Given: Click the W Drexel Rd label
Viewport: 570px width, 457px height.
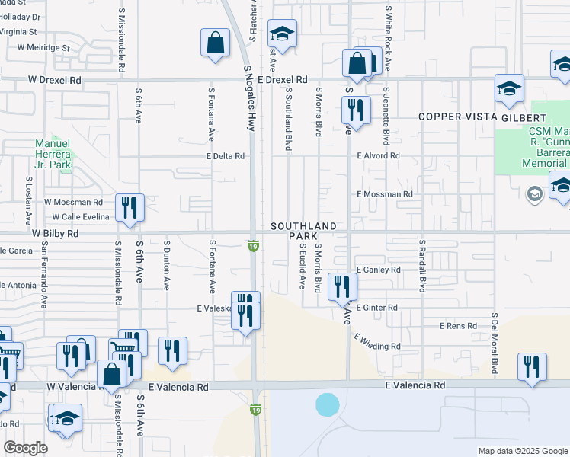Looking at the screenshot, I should coord(55,79).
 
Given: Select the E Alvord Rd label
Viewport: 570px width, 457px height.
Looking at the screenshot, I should coord(379,156).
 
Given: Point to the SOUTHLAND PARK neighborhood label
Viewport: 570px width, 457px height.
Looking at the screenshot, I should coord(303,232).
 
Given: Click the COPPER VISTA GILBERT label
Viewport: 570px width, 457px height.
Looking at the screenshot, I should coord(482,118).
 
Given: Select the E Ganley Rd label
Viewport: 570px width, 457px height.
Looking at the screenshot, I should coord(378,270).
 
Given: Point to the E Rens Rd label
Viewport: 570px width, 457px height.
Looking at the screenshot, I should coord(458,326).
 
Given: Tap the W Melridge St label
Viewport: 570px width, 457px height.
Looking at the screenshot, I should coord(43,47).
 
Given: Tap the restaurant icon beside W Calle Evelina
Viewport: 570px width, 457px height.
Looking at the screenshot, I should coord(130,207).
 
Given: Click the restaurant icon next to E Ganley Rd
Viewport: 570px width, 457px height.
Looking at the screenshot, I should coord(341,286).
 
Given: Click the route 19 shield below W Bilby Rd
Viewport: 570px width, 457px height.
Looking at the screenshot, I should coord(254,246).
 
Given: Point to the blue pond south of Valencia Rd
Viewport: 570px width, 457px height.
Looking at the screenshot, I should coord(327,404).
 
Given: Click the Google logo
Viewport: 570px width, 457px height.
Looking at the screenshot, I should coord(26,448).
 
